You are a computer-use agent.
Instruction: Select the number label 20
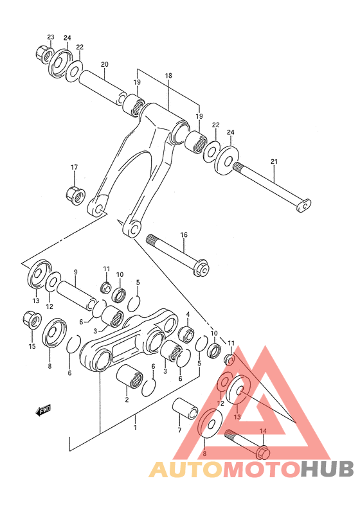click(104, 64)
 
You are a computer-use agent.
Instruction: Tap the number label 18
click(168, 76)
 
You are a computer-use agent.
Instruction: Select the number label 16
click(183, 235)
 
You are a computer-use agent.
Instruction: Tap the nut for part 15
click(29, 318)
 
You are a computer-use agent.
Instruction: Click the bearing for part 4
click(186, 334)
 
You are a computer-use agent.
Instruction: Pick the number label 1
click(136, 426)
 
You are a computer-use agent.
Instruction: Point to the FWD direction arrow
click(43, 409)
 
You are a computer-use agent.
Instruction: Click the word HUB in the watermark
click(327, 470)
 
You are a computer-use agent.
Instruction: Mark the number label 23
click(51, 37)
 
